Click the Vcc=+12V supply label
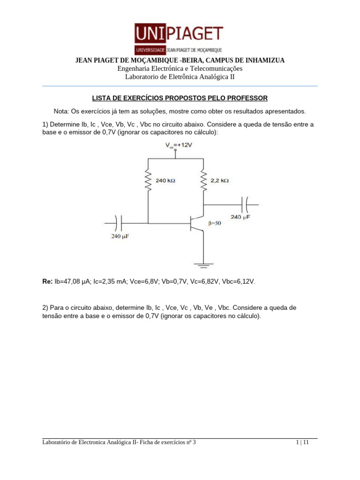point(179,145)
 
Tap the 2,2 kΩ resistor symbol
point(203,180)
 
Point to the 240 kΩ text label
point(165,180)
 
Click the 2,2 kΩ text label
point(219,180)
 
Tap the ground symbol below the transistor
point(203,265)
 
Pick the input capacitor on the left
point(119,223)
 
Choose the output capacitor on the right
point(245,205)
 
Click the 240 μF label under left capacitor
point(120,237)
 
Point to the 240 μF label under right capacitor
point(240,217)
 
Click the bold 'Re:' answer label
point(47,282)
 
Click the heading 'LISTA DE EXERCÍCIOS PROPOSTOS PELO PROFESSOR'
point(180,98)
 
